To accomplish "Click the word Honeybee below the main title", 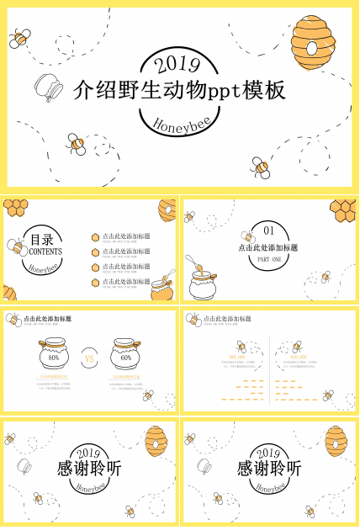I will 179,125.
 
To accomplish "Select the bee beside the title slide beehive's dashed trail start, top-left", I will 20,38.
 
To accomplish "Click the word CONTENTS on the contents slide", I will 45,251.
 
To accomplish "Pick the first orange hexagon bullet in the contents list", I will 96,237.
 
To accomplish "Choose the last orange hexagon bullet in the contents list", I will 96,282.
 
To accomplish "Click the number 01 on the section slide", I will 269,230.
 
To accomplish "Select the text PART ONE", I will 269,260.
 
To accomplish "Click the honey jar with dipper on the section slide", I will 202,282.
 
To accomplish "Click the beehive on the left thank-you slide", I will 156,439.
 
